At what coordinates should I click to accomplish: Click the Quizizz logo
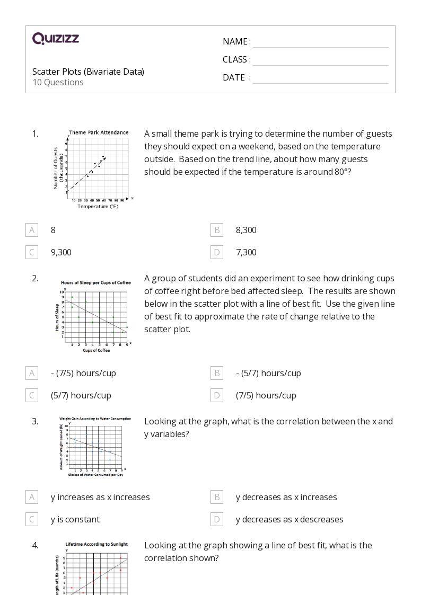point(56,38)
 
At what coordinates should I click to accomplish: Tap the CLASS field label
point(235,59)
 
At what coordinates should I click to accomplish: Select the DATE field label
point(234,77)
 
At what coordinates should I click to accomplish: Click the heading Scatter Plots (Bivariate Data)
point(88,72)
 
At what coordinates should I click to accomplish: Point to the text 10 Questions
point(58,82)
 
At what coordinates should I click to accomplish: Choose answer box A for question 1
point(32,230)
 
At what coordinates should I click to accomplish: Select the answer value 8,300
point(246,230)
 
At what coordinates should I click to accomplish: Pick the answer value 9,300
point(61,252)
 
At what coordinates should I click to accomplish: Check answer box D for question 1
point(216,252)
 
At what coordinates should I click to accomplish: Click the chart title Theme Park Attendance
point(99,132)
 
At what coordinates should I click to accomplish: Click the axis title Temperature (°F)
point(98,207)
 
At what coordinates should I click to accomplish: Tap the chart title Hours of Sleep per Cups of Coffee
point(96,282)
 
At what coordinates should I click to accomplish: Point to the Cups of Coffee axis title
point(97,351)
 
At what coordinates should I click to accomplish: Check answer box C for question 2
point(32,395)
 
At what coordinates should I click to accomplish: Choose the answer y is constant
point(75,519)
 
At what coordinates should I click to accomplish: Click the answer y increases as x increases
point(100,497)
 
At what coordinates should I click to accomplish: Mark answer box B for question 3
point(216,497)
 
